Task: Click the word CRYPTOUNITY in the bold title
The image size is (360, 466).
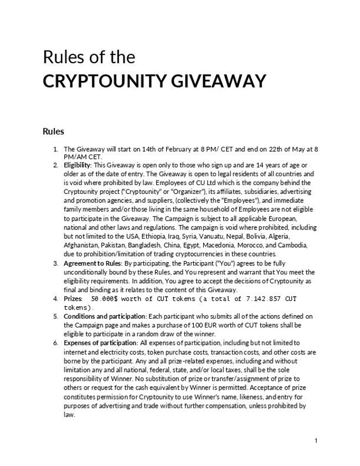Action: coord(99,81)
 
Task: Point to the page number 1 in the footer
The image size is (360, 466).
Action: coord(316,441)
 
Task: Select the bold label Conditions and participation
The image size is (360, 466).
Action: coord(105,316)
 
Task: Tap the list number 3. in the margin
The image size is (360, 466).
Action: coord(56,263)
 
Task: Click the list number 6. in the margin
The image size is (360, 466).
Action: coord(56,344)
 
